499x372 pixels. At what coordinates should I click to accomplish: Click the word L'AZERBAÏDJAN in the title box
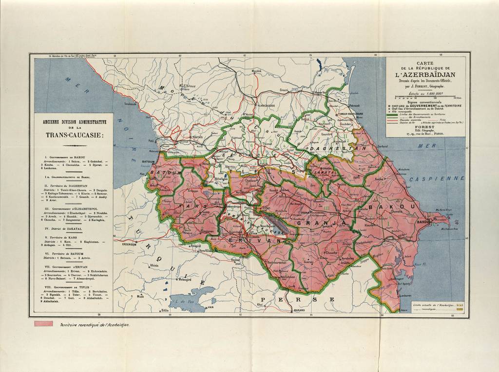click(425, 74)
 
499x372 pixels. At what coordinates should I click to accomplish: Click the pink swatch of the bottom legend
click(43, 324)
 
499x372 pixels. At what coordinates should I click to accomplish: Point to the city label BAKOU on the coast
click(422, 222)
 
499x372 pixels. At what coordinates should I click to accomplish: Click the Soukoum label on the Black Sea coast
click(130, 104)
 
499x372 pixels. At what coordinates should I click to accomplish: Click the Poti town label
click(152, 140)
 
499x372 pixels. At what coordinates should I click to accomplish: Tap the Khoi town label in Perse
click(260, 304)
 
